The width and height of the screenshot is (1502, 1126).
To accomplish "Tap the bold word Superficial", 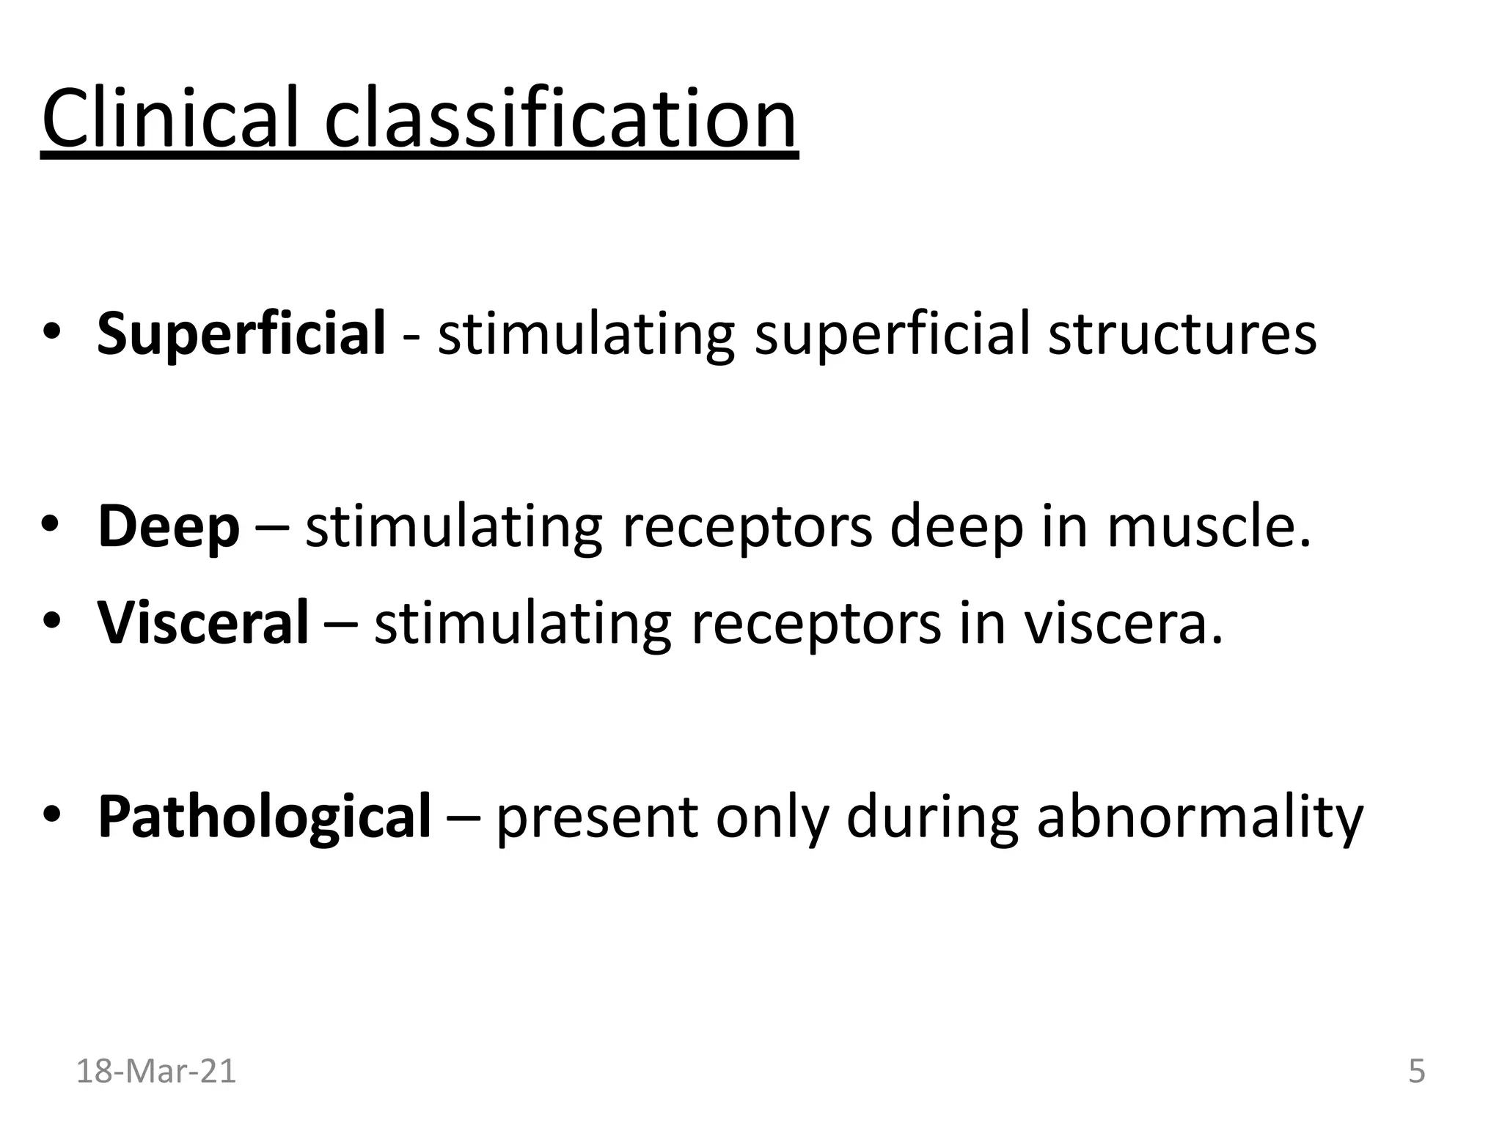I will [x=241, y=334].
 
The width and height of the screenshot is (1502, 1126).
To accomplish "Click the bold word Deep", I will [x=169, y=527].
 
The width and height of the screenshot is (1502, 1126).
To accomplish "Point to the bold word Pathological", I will [x=265, y=816].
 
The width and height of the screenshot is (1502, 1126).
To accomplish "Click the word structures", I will [x=1182, y=334].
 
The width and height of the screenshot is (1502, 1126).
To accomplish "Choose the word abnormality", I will [x=1200, y=816].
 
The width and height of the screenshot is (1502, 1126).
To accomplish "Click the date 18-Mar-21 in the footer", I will [x=156, y=1071].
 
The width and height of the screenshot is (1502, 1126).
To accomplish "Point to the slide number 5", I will [x=1417, y=1071].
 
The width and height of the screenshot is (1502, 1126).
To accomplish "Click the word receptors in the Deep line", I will [x=747, y=527].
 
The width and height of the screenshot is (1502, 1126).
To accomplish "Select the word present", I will [x=597, y=816].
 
